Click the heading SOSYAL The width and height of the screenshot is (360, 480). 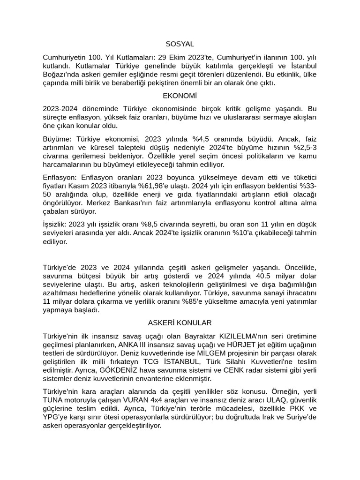pyautogui.click(x=180, y=44)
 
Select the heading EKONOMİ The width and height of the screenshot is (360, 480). pyautogui.click(x=180, y=96)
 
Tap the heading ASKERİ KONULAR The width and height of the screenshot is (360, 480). pyautogui.click(x=180, y=323)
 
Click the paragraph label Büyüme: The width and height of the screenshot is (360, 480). pyautogui.click(x=57, y=139)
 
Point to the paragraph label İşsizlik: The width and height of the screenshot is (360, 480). pyautogui.click(x=56, y=225)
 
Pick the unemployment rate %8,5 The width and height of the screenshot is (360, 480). pyautogui.click(x=165, y=225)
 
